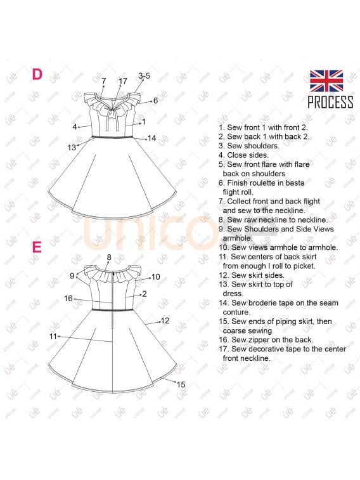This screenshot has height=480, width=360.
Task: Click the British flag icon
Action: click(x=326, y=81)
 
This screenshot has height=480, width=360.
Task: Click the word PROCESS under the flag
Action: click(x=330, y=102)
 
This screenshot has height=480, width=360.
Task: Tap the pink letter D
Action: click(x=37, y=74)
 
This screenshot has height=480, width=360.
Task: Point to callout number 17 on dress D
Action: click(x=123, y=81)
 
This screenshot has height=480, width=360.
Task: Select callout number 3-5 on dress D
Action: click(x=144, y=76)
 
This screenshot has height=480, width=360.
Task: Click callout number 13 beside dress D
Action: click(x=72, y=147)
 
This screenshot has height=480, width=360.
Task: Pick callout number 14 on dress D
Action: click(x=151, y=138)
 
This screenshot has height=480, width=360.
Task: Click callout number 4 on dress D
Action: click(x=75, y=127)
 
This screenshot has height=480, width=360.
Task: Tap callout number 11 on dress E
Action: click(x=53, y=336)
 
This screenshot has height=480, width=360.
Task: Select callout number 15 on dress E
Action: click(x=181, y=384)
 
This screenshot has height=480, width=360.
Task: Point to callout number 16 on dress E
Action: click(x=68, y=298)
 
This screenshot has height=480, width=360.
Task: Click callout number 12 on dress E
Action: click(x=165, y=321)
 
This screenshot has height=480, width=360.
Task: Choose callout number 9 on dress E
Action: click(x=72, y=276)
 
